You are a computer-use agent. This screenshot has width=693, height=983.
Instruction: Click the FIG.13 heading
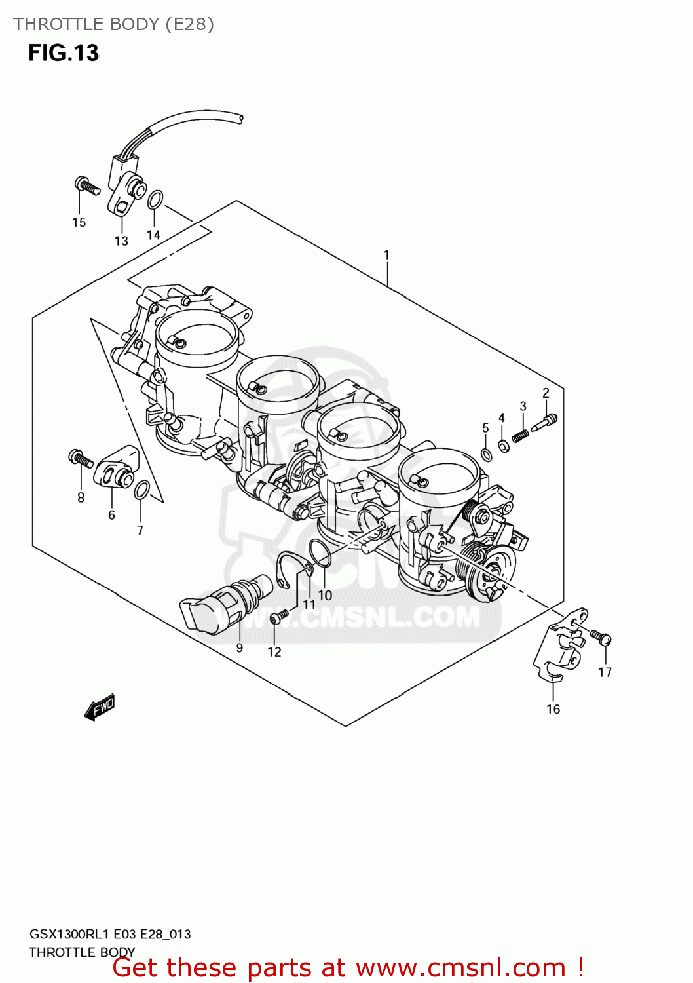pyautogui.click(x=63, y=52)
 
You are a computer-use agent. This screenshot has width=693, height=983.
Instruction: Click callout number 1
pyautogui.click(x=386, y=255)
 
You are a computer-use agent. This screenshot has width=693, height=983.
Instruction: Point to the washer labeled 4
pyautogui.click(x=503, y=446)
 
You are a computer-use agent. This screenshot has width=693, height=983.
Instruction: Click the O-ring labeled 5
pyautogui.click(x=486, y=455)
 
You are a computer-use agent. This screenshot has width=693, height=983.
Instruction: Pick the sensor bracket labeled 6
pyautogui.click(x=116, y=466)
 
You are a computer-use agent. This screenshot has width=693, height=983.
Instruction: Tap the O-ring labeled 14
pyautogui.click(x=155, y=199)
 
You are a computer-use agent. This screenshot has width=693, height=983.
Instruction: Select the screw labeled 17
pyautogui.click(x=601, y=636)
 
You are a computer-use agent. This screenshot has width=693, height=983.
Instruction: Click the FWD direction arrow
pyautogui.click(x=100, y=708)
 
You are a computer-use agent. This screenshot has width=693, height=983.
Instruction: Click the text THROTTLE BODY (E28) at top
pyautogui.click(x=113, y=24)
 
